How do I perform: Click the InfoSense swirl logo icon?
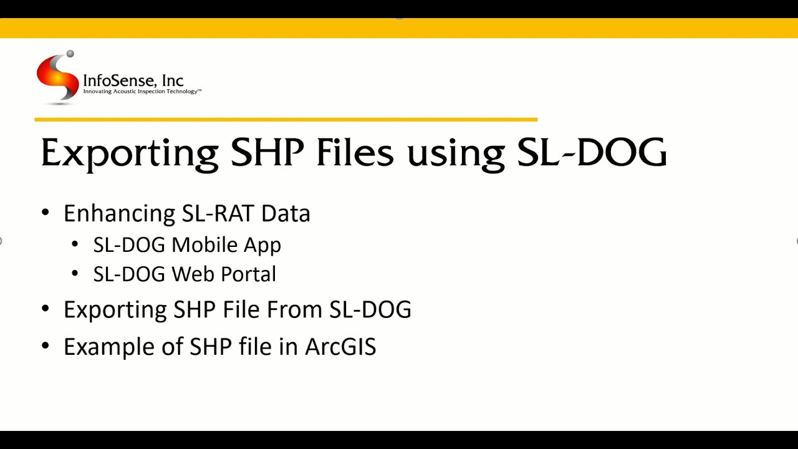(57, 76)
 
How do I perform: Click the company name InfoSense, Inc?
(133, 80)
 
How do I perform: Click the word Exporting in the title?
(129, 153)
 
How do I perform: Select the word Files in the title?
(355, 153)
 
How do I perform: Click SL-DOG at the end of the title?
(592, 153)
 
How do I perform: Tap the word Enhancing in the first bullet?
(119, 214)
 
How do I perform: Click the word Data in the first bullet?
(286, 213)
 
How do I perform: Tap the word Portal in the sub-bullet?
(249, 274)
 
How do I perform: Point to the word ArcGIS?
(340, 347)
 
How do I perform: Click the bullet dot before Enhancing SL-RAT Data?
(45, 213)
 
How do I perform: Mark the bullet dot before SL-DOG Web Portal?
(75, 273)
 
